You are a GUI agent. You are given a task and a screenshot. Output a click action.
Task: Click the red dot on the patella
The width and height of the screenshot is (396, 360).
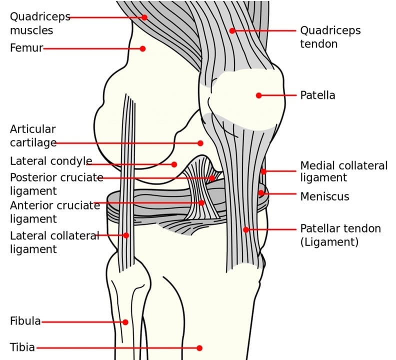[x=258, y=95]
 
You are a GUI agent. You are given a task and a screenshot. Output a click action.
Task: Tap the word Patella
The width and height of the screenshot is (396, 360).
[x=317, y=95]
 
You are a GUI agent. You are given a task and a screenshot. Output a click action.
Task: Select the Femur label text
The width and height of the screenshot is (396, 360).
[x=26, y=48]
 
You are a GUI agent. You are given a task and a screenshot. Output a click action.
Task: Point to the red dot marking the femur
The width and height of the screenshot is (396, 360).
[x=142, y=48]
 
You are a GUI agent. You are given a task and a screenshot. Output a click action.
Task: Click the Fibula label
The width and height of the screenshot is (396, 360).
[x=25, y=321]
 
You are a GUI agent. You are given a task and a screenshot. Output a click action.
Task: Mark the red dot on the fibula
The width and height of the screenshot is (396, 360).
[x=125, y=322]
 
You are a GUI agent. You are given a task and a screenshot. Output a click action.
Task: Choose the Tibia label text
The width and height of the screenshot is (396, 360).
[x=22, y=347]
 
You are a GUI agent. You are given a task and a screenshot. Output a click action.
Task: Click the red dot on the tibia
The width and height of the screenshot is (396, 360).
[x=199, y=348]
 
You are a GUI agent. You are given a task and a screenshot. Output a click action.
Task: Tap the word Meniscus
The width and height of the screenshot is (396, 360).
[x=324, y=196]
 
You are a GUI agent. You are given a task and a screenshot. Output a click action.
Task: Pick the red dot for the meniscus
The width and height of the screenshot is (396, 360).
[x=261, y=193]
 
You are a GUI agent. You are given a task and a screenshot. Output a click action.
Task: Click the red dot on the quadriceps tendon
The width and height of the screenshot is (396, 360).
[x=232, y=31]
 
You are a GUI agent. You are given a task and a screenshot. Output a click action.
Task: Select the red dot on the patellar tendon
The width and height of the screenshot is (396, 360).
[x=246, y=229]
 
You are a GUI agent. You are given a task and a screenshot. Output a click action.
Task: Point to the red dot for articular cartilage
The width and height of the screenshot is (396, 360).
[x=200, y=143]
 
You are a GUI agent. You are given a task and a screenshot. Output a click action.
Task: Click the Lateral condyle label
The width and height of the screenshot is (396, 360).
[x=51, y=161]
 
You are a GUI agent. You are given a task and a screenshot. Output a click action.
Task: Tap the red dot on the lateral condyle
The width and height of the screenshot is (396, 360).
[x=174, y=164]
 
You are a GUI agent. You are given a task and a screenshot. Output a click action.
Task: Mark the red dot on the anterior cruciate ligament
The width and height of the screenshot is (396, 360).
[x=201, y=202]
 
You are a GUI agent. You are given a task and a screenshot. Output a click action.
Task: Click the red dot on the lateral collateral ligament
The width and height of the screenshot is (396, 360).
[x=126, y=235]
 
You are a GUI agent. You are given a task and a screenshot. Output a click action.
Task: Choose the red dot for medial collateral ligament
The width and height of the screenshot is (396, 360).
[x=263, y=171]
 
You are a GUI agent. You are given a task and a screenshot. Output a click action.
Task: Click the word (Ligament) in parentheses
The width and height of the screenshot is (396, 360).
[x=329, y=242]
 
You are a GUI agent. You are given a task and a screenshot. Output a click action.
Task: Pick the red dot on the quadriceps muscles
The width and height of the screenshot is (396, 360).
[x=144, y=17]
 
